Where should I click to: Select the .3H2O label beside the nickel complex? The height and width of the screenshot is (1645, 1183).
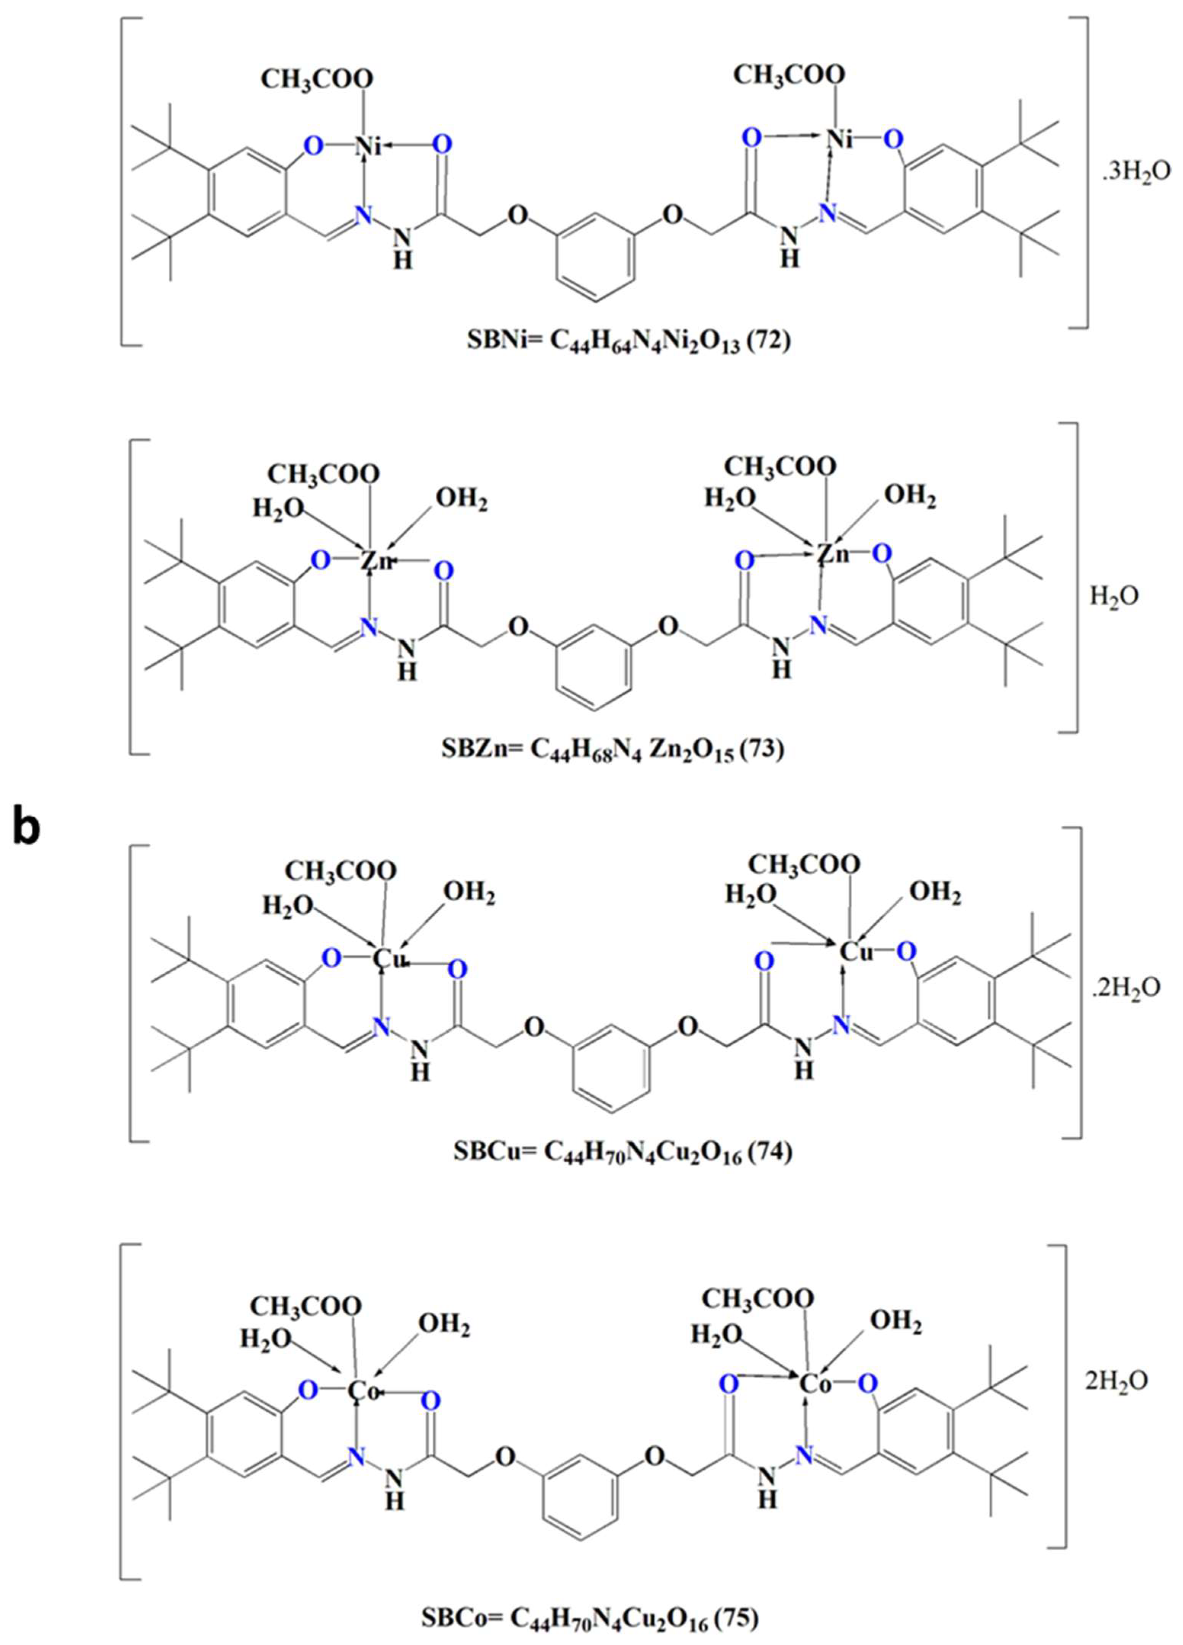(1132, 175)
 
